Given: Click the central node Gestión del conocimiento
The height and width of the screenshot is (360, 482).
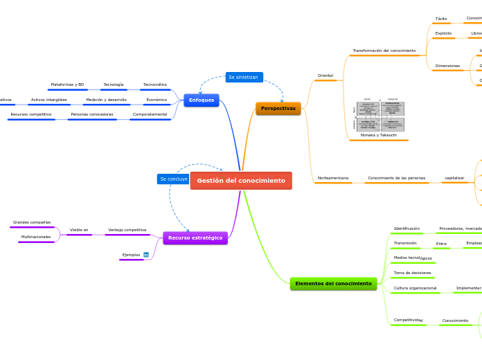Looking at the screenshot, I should [x=241, y=181].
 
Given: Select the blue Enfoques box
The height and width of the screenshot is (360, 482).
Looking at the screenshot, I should [x=202, y=100].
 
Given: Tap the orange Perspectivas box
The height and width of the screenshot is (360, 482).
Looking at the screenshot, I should [x=278, y=109].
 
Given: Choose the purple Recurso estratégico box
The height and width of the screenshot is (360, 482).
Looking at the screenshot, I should [x=195, y=238].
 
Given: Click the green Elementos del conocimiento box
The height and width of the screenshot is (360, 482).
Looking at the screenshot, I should [x=333, y=284].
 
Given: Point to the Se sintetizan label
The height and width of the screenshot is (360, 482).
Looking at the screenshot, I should [x=244, y=77].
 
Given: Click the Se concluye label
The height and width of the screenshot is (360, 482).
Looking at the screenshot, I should [x=173, y=179].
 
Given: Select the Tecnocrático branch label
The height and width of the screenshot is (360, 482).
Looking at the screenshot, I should [x=155, y=84].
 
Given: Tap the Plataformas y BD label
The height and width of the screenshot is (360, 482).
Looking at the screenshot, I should [x=67, y=84].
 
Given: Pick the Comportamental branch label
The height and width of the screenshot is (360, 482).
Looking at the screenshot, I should [x=150, y=114].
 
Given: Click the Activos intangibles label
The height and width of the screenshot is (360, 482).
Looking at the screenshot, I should [x=49, y=100].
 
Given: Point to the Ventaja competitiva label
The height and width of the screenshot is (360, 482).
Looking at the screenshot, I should [x=127, y=230].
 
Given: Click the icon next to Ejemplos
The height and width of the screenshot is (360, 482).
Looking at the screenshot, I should [x=146, y=255].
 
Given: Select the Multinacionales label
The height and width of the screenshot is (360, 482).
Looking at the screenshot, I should [x=36, y=237].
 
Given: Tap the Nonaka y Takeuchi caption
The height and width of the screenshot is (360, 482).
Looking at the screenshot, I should [x=379, y=135].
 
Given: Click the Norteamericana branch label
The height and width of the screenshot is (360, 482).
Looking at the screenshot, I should [x=332, y=179].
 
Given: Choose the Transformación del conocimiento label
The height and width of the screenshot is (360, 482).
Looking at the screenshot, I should [x=384, y=51].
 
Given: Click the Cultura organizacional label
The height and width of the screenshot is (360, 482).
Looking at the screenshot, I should [x=416, y=288].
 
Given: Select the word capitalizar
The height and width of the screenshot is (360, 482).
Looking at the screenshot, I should [x=454, y=179].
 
